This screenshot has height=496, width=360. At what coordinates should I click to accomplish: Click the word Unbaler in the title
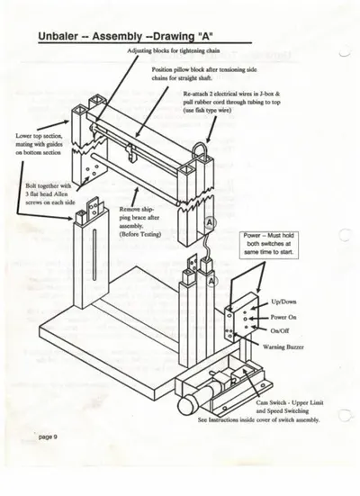[x=58, y=36]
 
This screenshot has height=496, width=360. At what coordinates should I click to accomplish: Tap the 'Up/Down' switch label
[x=283, y=302]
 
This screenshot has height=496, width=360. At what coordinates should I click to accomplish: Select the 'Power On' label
[x=283, y=317]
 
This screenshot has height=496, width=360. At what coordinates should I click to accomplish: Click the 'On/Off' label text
[x=280, y=331]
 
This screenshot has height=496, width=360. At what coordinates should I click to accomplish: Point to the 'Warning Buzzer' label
[x=283, y=347]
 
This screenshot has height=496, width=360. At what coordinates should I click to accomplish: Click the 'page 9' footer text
[x=48, y=437]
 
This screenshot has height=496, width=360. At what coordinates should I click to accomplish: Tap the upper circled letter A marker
[x=210, y=222]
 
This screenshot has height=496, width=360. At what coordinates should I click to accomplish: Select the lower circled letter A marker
[x=212, y=281]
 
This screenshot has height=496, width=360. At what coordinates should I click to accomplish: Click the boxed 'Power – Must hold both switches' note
[x=268, y=244]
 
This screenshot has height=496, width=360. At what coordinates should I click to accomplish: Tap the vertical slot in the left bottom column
[x=94, y=255]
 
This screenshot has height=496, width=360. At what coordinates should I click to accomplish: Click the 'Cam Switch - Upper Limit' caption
[x=290, y=402]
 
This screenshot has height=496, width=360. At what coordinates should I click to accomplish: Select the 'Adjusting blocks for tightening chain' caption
[x=174, y=50]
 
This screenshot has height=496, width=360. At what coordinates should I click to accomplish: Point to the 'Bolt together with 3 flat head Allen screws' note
[x=50, y=194]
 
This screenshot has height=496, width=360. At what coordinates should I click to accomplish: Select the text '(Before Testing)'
[x=139, y=234]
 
